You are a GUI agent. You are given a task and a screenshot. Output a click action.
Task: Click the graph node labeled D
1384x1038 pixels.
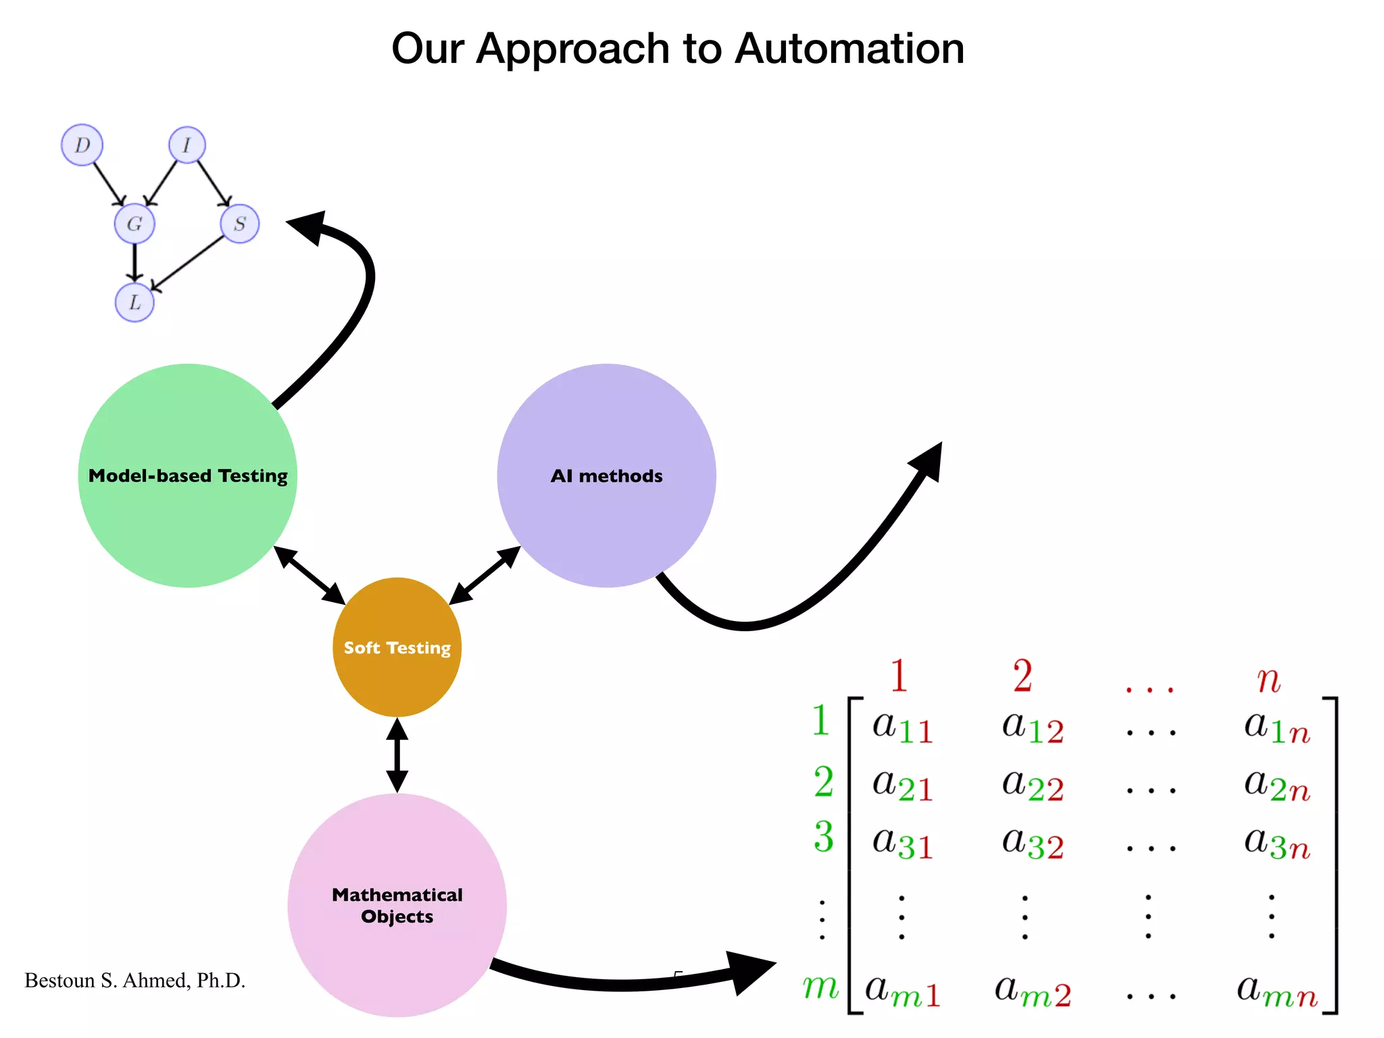[x=82, y=145]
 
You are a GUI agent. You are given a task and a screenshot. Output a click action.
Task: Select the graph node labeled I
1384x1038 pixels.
[x=187, y=145]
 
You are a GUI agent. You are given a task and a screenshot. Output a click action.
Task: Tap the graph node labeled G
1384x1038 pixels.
[x=134, y=224]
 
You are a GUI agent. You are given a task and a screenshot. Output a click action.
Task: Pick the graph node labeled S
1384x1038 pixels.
[x=239, y=224]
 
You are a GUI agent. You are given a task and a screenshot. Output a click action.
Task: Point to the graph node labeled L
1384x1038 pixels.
[x=134, y=302]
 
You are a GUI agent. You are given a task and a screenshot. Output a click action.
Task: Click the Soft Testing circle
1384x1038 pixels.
[x=397, y=647]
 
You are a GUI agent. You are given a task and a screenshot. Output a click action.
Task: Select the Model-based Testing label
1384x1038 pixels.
[x=188, y=476]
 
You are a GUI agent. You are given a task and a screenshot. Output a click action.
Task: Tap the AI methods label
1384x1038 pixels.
[x=606, y=476]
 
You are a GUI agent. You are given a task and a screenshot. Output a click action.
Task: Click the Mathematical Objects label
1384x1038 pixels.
[x=397, y=906]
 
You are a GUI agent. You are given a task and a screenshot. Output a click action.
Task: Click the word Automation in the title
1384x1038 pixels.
[x=849, y=49]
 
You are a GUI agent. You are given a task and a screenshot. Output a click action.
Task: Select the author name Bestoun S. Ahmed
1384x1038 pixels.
[x=134, y=981]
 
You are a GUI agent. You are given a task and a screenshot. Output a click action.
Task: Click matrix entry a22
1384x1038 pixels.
[x=1033, y=785]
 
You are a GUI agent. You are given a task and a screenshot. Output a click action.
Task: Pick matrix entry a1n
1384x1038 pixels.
[x=1277, y=727]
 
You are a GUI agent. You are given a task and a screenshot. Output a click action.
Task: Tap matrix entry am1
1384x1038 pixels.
[x=902, y=991]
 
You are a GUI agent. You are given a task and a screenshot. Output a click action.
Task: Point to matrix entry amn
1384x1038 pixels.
[x=1277, y=991]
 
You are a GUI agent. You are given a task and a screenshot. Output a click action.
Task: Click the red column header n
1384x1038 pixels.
[x=1268, y=678]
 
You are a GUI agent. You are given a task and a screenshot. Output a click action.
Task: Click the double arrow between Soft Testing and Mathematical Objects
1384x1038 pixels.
[x=397, y=755]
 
